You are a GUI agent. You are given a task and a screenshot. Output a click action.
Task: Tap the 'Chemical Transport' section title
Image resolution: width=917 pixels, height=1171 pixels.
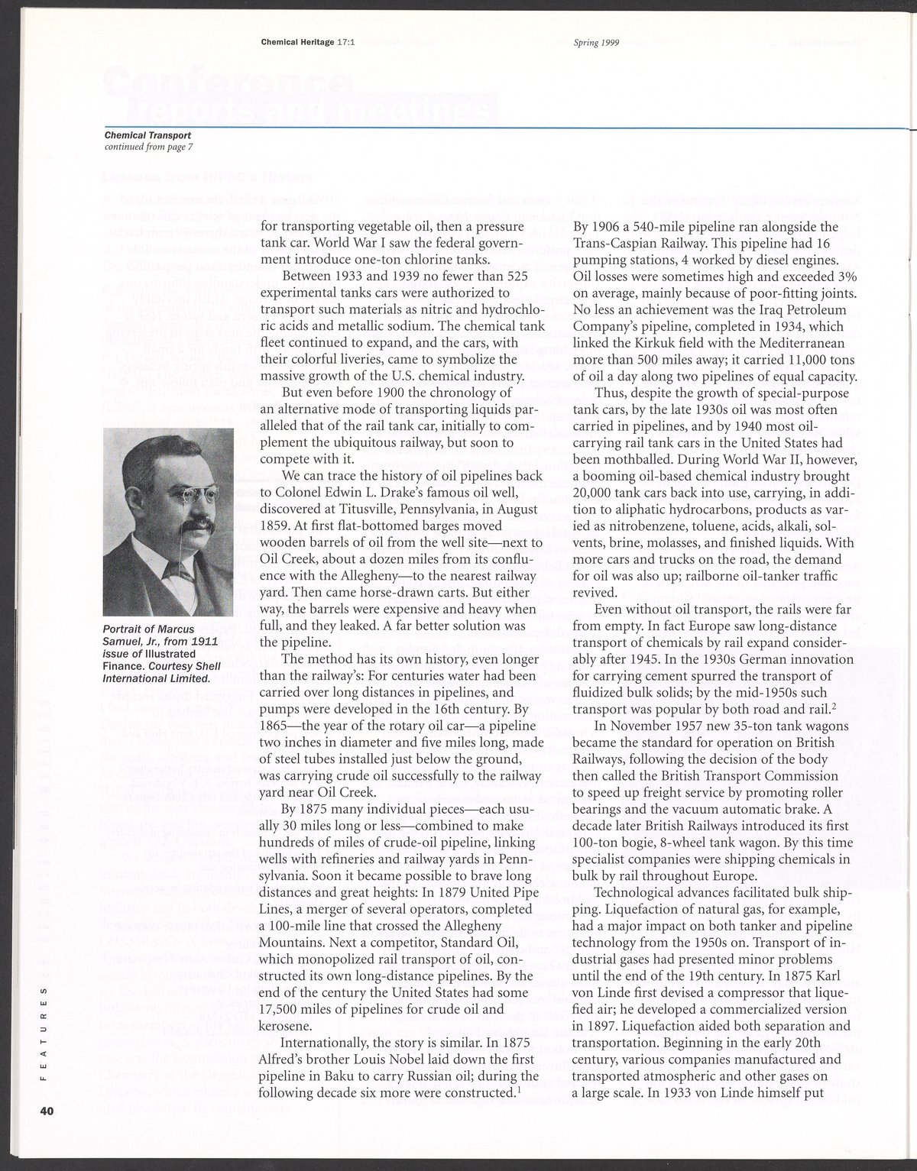(x=147, y=136)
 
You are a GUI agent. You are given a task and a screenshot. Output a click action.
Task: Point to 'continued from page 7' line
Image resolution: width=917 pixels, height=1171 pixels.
(x=148, y=147)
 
